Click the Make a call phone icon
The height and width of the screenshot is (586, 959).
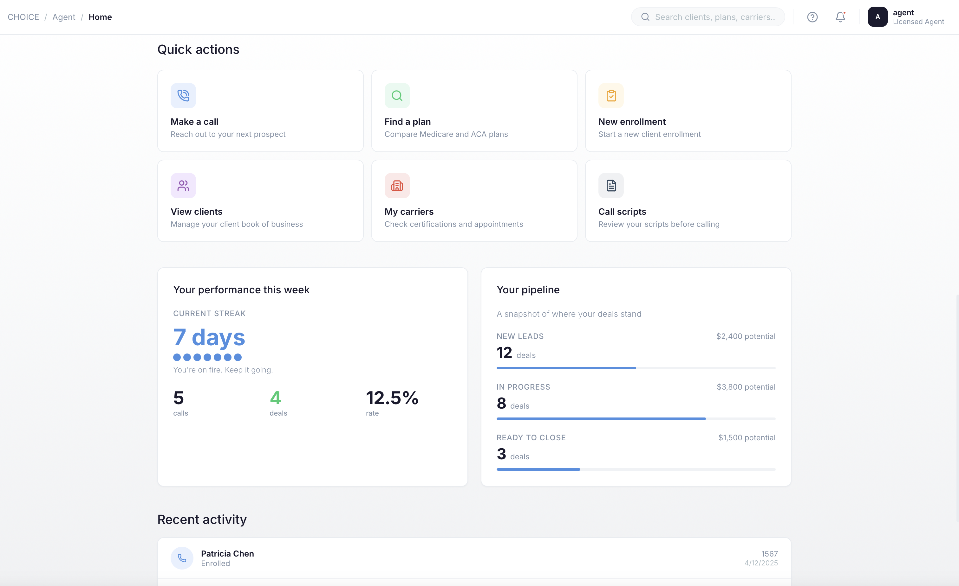click(x=183, y=95)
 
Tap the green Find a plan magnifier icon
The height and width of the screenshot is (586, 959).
click(x=397, y=95)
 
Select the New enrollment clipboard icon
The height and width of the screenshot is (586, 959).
click(x=611, y=95)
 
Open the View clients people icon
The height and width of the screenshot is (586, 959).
click(x=183, y=186)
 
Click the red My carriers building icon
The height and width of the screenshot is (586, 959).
click(x=397, y=186)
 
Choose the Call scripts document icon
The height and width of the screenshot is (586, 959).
click(x=611, y=186)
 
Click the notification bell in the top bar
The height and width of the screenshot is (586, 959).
click(x=840, y=17)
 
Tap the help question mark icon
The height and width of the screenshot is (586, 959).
click(x=812, y=17)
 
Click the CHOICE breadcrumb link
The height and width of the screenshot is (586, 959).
click(x=23, y=17)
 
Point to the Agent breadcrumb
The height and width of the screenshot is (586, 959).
click(x=64, y=17)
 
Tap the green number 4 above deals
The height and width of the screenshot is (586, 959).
click(x=275, y=398)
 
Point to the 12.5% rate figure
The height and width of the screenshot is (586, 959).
click(x=392, y=398)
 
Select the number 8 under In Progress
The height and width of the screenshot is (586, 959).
click(x=501, y=404)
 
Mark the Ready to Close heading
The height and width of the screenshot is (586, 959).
click(x=531, y=437)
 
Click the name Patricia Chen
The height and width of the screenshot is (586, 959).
click(x=227, y=553)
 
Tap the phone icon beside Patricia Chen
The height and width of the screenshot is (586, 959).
click(x=182, y=558)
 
